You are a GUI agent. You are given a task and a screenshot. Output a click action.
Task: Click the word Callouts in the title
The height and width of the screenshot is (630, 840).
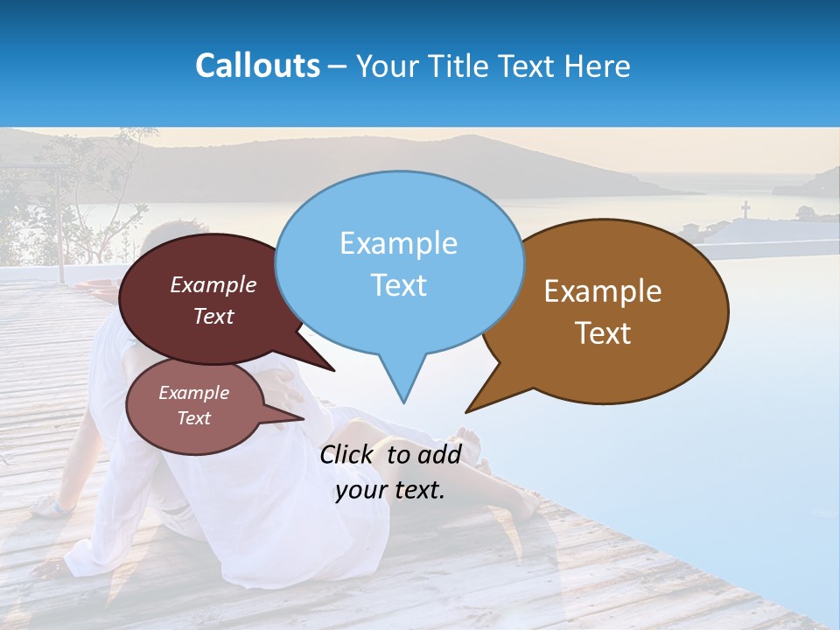(x=257, y=66)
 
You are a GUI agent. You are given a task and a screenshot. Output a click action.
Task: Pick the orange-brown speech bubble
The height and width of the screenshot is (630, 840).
(x=604, y=311)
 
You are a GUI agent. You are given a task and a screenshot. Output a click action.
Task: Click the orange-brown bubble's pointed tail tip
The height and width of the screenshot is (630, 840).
(x=466, y=411)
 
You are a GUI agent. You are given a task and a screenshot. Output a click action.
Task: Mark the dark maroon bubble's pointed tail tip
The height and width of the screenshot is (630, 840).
(x=334, y=371)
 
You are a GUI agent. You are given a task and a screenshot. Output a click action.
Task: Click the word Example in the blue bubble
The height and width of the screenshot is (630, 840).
(x=398, y=243)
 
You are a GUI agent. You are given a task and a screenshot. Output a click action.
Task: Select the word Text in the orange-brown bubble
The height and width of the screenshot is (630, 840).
(x=603, y=333)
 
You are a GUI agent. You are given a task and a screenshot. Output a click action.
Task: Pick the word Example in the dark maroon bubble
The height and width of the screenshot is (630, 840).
(x=213, y=285)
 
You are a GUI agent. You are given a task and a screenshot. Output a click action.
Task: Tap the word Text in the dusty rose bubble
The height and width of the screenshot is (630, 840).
(x=194, y=418)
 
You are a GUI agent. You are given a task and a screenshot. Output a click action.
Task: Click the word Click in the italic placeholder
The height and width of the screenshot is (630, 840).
(x=346, y=455)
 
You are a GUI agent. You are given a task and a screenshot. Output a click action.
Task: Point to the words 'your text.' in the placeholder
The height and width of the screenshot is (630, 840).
(x=390, y=490)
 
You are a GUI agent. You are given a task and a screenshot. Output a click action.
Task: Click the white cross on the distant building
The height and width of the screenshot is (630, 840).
(x=745, y=209)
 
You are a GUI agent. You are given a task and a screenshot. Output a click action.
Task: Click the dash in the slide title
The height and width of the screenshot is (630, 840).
(x=337, y=66)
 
